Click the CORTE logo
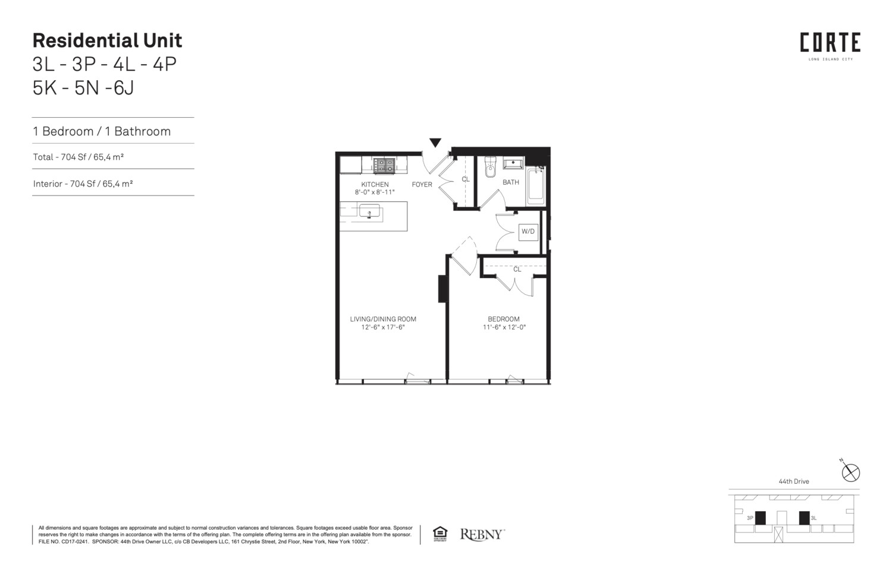tap(830, 43)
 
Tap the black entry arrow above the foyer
tap(435, 143)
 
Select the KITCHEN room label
tap(375, 184)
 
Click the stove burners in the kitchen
tap(384, 165)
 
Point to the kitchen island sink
tap(369, 211)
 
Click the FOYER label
tap(422, 184)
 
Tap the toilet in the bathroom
tap(490, 168)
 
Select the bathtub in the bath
tap(536, 185)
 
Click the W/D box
tap(527, 231)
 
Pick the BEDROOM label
tap(504, 319)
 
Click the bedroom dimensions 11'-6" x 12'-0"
tap(504, 327)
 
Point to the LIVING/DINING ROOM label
tap(383, 319)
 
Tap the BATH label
tap(511, 182)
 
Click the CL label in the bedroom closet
tap(517, 269)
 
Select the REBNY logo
tap(482, 534)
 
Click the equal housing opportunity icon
tap(440, 534)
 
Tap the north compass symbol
tap(851, 472)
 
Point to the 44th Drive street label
tap(794, 481)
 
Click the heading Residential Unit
tap(107, 40)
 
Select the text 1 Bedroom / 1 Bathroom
tap(102, 131)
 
